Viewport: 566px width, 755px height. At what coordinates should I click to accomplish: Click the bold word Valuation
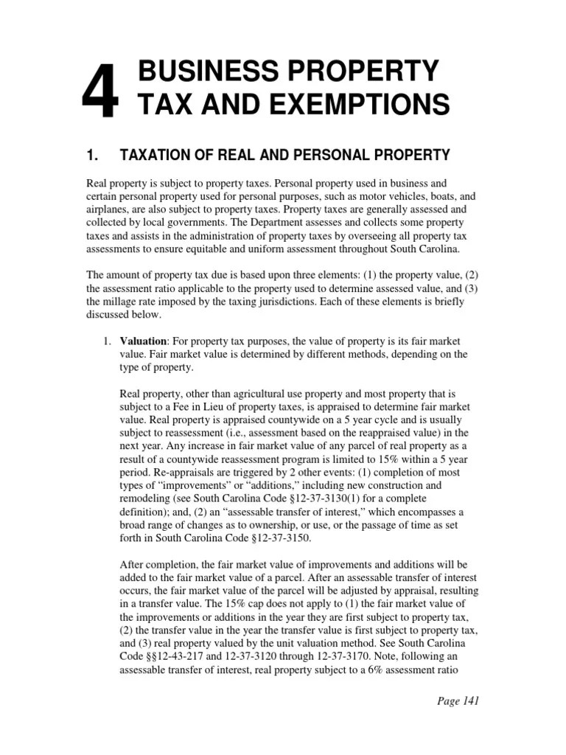point(143,341)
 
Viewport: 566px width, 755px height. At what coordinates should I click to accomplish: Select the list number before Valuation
point(106,341)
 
